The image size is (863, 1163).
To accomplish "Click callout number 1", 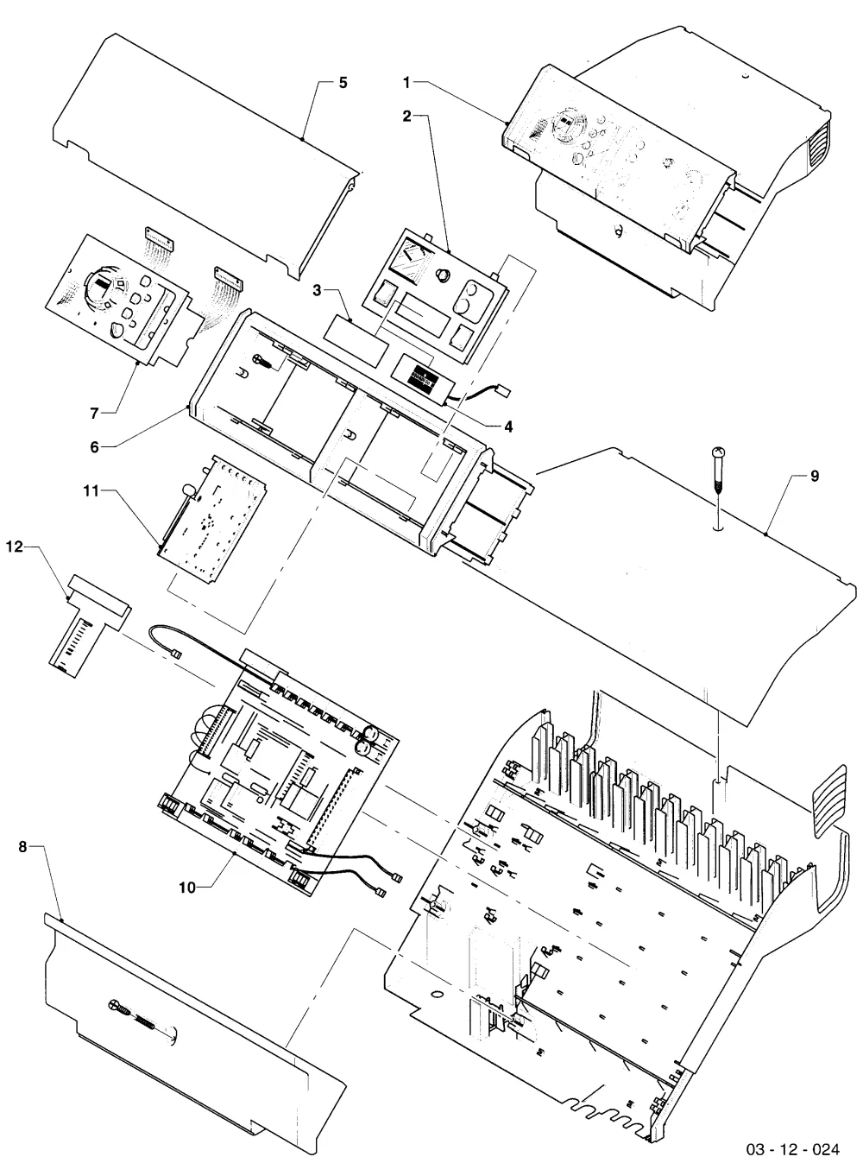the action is tap(407, 82).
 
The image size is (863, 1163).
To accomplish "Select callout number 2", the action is tap(407, 117).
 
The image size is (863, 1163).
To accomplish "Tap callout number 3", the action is tap(318, 290).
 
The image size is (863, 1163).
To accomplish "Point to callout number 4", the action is tap(508, 427).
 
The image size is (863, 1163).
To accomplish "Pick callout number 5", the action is tap(343, 83).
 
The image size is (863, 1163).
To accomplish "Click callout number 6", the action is tap(94, 447).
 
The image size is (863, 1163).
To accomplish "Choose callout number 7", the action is tap(94, 414).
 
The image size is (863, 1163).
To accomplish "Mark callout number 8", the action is tap(22, 847).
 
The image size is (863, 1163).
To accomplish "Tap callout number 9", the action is tap(814, 476).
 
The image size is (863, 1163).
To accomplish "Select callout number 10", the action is tap(187, 888).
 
